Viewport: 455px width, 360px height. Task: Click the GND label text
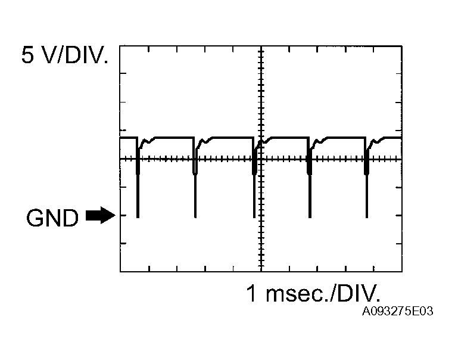tap(52, 218)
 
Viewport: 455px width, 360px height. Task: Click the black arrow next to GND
tap(99, 215)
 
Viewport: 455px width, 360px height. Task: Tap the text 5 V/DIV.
tap(66, 57)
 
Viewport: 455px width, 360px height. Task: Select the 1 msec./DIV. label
tap(313, 293)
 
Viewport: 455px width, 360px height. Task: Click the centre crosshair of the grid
tap(260, 159)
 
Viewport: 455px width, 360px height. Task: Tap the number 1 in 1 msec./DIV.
tap(252, 293)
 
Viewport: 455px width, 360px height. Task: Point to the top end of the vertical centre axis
tap(260, 46)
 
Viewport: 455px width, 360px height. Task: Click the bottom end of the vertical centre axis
tap(260, 271)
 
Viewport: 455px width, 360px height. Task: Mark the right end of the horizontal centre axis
tap(401, 159)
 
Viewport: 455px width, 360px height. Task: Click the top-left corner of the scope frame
tap(120, 45)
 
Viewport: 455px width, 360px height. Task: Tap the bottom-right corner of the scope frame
tap(402, 272)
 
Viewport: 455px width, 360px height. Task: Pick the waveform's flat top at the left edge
tap(127, 138)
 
